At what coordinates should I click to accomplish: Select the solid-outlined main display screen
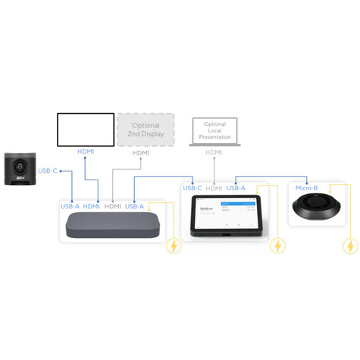click(x=86, y=130)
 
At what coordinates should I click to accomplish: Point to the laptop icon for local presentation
click(x=214, y=133)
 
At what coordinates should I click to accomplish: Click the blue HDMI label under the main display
click(x=86, y=152)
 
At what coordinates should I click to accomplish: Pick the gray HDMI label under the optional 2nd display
click(x=141, y=153)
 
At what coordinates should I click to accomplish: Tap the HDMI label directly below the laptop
click(x=214, y=152)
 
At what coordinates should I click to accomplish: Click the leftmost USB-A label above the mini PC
click(x=70, y=206)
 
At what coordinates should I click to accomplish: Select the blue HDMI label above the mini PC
click(x=92, y=206)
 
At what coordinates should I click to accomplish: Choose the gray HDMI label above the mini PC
click(x=113, y=206)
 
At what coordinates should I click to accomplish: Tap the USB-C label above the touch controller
click(x=193, y=188)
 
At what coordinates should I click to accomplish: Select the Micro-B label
click(x=307, y=188)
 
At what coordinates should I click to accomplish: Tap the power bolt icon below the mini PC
click(x=174, y=246)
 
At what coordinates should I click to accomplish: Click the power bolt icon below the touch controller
click(x=279, y=246)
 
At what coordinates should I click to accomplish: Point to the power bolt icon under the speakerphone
click(x=349, y=246)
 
